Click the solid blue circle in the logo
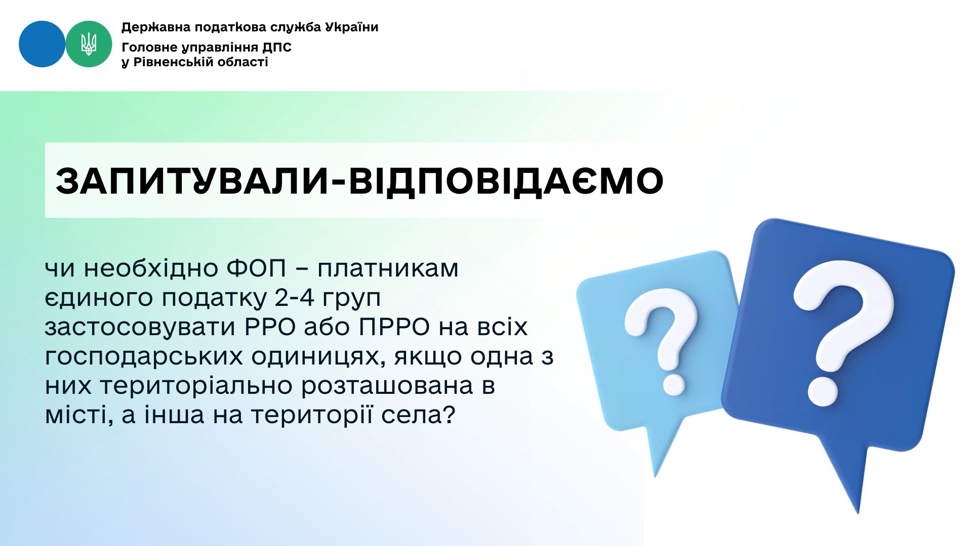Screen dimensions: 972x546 (42, 44)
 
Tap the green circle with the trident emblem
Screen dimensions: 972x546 (89, 44)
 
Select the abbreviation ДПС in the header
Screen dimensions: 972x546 (277, 48)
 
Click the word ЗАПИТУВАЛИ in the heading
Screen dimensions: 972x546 (192, 180)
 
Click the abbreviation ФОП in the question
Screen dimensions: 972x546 (257, 268)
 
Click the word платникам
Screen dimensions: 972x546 (388, 269)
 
